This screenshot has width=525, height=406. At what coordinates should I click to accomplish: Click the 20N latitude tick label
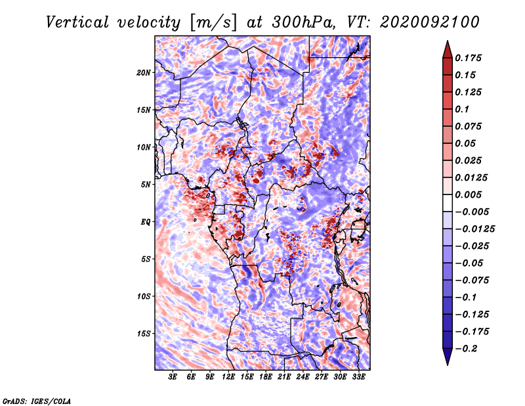coord(144,73)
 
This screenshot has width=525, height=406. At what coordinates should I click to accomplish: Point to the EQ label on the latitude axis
coord(146,222)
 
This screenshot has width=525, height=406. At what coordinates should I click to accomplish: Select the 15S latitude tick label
coord(144,334)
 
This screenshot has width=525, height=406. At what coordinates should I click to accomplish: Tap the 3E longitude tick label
coord(173,377)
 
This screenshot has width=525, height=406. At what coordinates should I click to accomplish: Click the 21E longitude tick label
coord(284,377)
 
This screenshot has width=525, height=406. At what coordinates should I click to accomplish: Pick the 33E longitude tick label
coord(358,377)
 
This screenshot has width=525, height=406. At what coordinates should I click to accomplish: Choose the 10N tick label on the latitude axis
coord(144,147)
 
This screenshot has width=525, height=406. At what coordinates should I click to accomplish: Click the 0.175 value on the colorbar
coord(468,58)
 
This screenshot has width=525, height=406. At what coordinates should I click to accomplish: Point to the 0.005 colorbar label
coord(468,194)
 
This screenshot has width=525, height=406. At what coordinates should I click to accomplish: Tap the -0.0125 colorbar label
coord(474,229)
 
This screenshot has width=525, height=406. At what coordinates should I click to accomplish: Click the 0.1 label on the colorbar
coord(462,109)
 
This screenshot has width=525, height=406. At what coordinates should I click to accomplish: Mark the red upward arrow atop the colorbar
coord(448,49)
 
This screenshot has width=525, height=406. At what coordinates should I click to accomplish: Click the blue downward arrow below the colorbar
coord(448,357)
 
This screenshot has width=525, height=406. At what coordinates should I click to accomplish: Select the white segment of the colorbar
coord(448,203)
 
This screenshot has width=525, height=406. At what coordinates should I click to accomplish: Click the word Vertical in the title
coord(77,22)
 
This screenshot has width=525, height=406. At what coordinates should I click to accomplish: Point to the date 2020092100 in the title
coord(430,22)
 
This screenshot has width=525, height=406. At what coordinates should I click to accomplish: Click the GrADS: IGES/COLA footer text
coord(37,401)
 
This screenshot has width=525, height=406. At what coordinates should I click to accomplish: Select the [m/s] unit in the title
coord(213,22)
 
